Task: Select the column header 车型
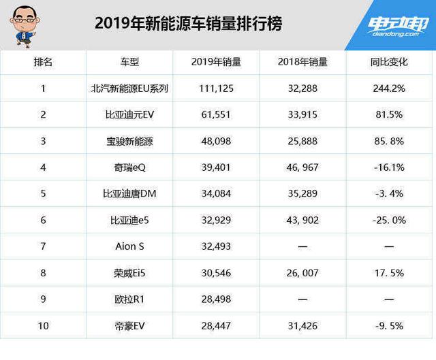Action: pos(129,63)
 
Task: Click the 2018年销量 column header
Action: pos(302,63)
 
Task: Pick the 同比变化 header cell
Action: pos(389,63)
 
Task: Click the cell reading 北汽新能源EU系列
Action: pos(129,88)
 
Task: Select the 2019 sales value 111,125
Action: pos(216,88)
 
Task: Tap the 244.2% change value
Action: pos(389,88)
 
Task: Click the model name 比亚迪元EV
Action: pos(129,115)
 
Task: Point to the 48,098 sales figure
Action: pos(216,142)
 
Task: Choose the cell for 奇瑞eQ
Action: pos(129,167)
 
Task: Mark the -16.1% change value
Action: pos(389,167)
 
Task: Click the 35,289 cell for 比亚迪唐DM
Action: pos(302,194)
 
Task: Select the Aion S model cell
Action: pos(129,246)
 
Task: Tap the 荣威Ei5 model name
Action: pos(129,273)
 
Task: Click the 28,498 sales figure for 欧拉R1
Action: pos(216,299)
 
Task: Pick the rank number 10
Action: pos(44,325)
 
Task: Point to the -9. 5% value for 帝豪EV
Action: pos(389,325)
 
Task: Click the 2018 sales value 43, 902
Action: pos(302,220)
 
